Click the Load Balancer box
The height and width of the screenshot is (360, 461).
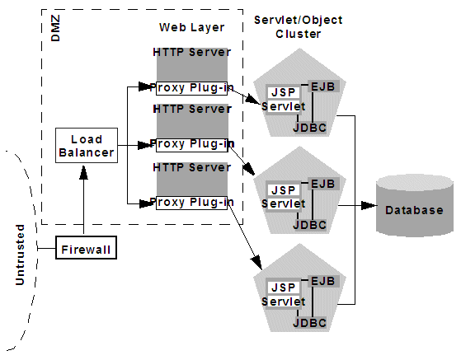coord(86,146)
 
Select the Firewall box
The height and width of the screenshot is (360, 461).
coord(85,247)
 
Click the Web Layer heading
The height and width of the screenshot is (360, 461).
coord(191,27)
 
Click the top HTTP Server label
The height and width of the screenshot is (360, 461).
coord(191,52)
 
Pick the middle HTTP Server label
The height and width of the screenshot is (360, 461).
coord(191,110)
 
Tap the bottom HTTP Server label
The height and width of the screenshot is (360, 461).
coord(191,167)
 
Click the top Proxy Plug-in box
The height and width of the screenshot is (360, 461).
coord(191,86)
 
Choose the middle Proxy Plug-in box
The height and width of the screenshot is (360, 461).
coord(191,144)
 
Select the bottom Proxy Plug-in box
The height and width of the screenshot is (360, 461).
coord(191,202)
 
